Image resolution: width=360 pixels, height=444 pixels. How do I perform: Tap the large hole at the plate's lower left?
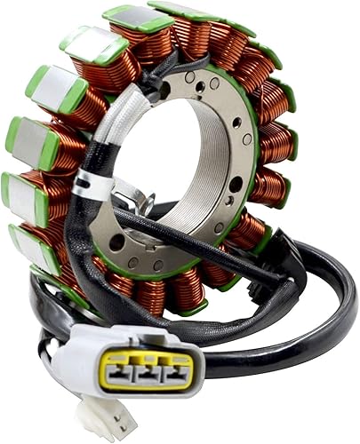[116, 242]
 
